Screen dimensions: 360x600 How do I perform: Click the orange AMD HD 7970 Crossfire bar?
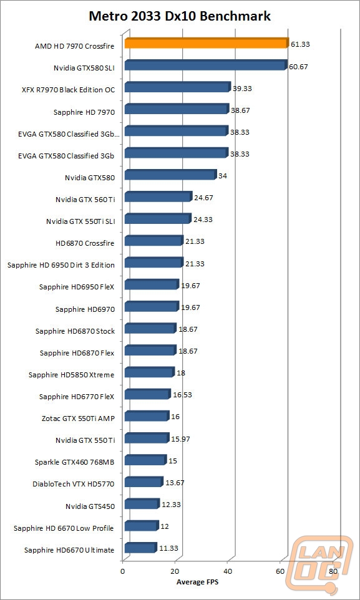(207, 44)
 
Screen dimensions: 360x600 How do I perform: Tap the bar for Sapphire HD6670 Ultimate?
(141, 548)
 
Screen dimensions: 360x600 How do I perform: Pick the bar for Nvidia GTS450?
(142, 505)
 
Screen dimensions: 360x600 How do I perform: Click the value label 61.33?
(300, 44)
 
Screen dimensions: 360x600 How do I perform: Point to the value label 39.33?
(242, 89)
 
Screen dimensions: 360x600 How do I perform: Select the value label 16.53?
(182, 395)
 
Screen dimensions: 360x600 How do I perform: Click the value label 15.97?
(181, 439)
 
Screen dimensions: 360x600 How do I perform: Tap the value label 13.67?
(175, 483)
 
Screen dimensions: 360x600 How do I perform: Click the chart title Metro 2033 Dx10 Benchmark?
(180, 16)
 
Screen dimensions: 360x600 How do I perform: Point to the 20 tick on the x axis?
(175, 572)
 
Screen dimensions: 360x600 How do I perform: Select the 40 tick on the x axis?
(228, 572)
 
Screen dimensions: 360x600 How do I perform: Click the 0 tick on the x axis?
(122, 572)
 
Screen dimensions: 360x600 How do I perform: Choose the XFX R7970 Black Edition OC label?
(68, 90)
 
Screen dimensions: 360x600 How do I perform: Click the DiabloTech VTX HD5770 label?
(74, 484)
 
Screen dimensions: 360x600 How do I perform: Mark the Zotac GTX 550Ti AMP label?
(78, 419)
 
